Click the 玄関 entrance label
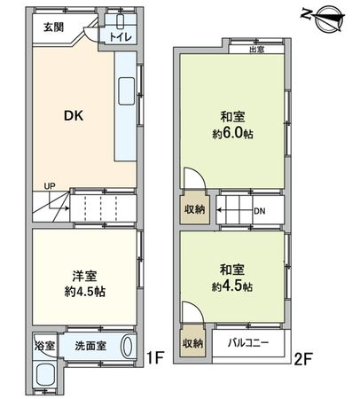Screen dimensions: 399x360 [x=54, y=27]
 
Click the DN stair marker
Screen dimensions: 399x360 [x=259, y=213]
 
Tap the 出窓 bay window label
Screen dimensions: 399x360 [x=257, y=51]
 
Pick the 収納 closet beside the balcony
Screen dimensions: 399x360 [x=192, y=343]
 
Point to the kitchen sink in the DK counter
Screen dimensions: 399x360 [x=125, y=90]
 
